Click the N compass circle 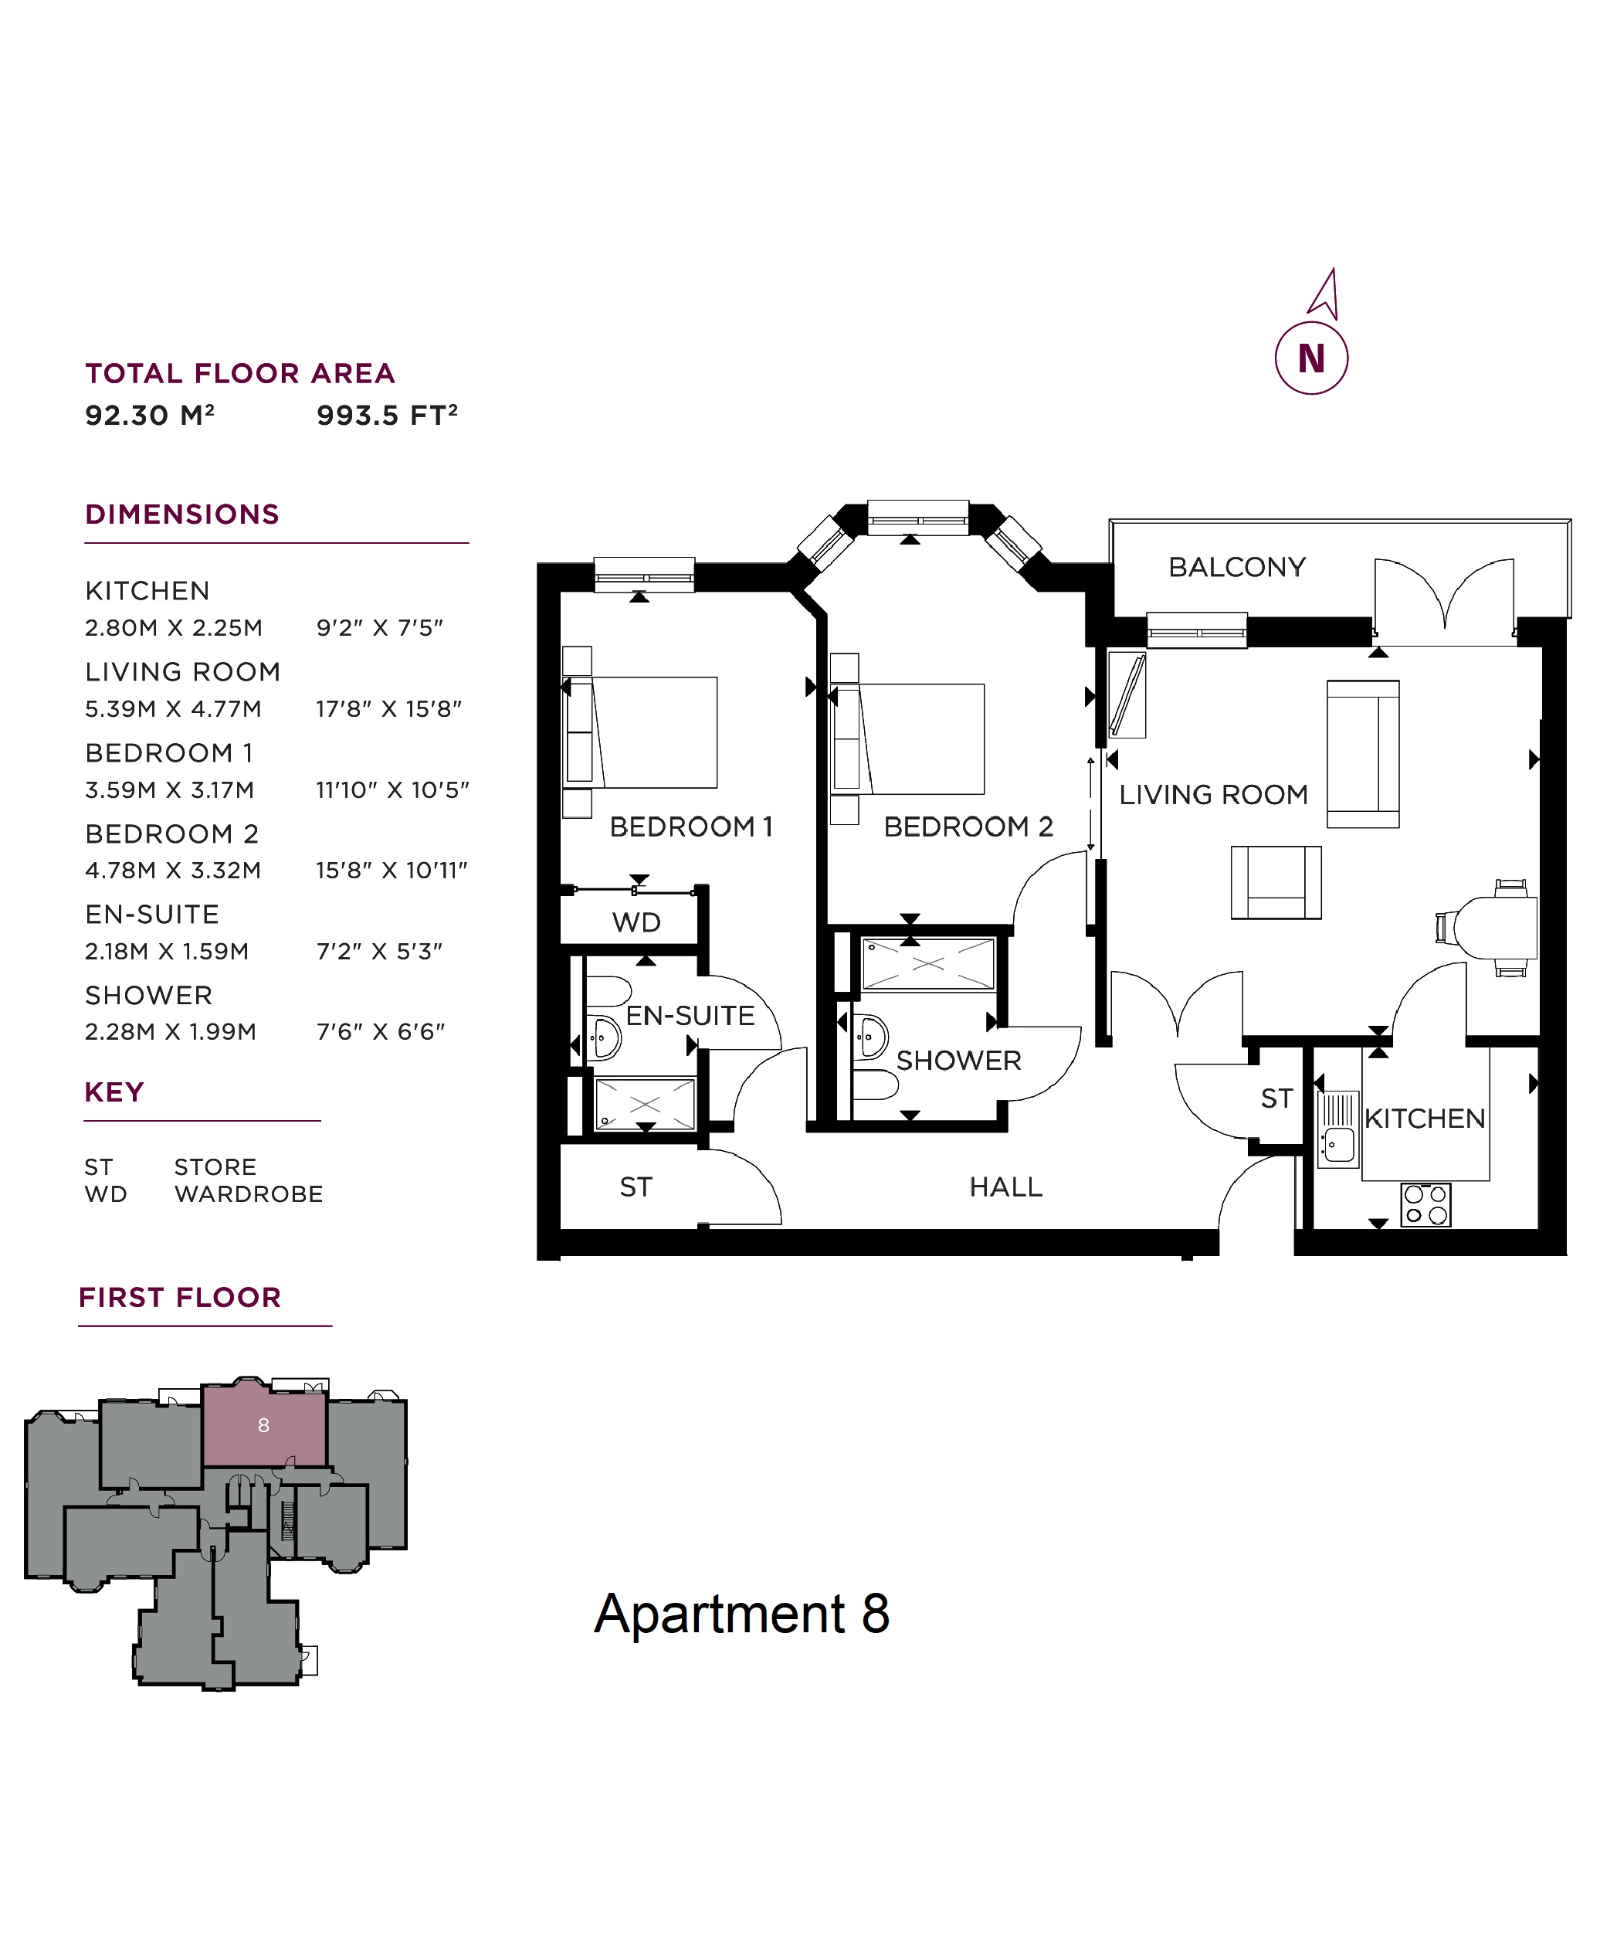pos(1310,358)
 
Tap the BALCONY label pos(1237,567)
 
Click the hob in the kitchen pos(1425,1204)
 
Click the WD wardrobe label pos(636,922)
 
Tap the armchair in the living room pos(1276,882)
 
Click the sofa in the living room pos(1362,753)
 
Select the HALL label pos(1005,1187)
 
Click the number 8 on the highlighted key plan pos(263,1425)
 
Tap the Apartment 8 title pos(741,1612)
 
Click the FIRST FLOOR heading pos(180,1297)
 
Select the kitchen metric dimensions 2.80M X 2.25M pos(173,628)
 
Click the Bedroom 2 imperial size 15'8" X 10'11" pos(392,871)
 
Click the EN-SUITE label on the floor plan pos(690,1015)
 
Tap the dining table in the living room pos(1501,928)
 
